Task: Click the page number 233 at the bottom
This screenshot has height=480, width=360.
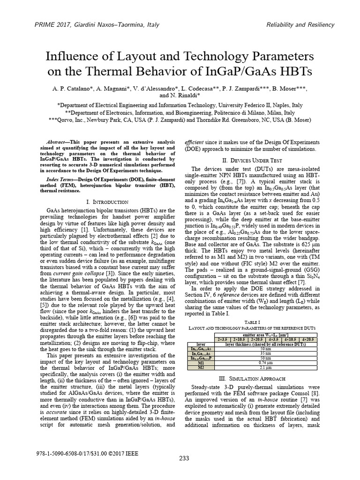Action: tap(184, 458)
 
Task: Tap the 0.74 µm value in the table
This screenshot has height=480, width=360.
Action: tap(266, 362)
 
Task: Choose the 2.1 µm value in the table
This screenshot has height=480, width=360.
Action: tap(266, 367)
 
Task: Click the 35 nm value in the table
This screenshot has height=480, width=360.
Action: tap(266, 353)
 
